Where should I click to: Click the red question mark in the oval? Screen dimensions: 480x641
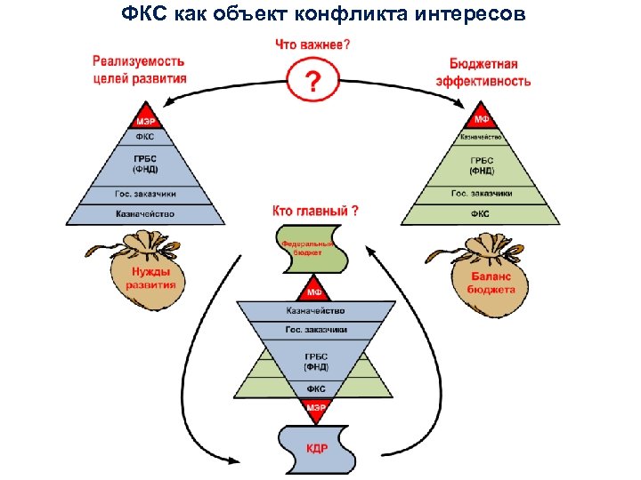pyautogui.click(x=312, y=82)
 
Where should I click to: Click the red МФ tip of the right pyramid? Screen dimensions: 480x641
pyautogui.click(x=481, y=120)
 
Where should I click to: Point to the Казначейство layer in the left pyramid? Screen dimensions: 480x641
pyautogui.click(x=145, y=214)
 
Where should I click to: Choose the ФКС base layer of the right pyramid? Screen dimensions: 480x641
pyautogui.click(x=481, y=214)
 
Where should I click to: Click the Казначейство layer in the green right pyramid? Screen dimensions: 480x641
pyautogui.click(x=481, y=138)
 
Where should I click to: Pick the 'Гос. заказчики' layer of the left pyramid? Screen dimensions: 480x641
pyautogui.click(x=145, y=194)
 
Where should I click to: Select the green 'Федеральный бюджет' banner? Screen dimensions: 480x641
pyautogui.click(x=308, y=248)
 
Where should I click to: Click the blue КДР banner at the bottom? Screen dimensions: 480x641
pyautogui.click(x=317, y=449)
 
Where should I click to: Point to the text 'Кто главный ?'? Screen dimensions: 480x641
pyautogui.click(x=315, y=212)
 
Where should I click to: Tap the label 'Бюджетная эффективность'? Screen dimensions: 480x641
pyautogui.click(x=483, y=73)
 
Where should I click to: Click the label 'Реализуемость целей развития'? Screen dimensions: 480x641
pyautogui.click(x=139, y=69)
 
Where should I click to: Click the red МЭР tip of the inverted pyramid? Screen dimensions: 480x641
pyautogui.click(x=316, y=408)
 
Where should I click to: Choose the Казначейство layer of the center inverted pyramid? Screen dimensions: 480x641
pyautogui.click(x=315, y=311)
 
